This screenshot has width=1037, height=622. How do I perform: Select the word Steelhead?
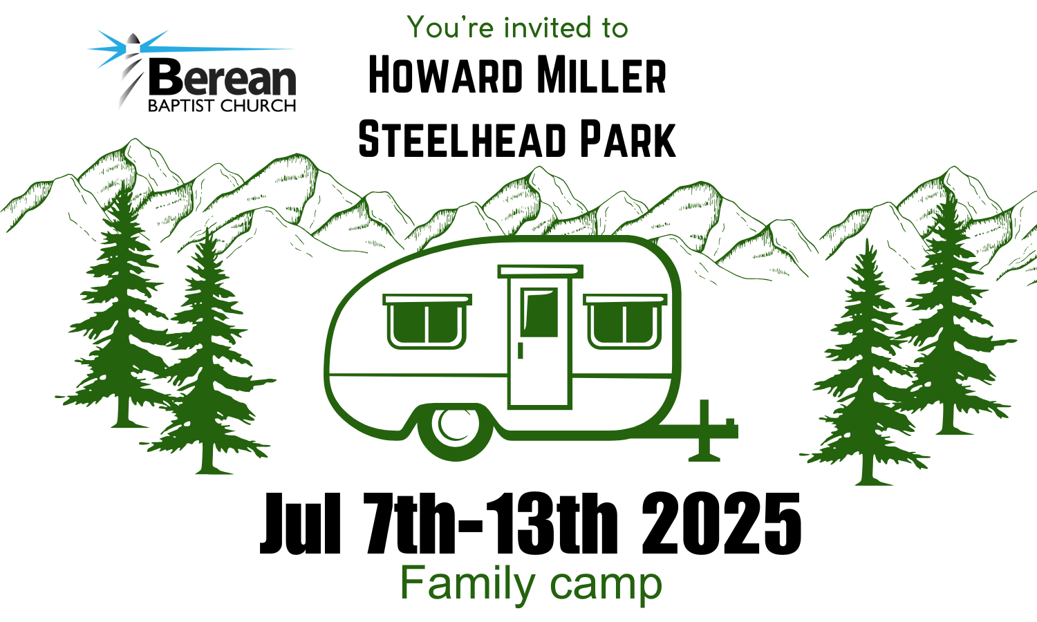tap(463, 139)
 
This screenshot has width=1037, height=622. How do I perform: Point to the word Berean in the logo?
tap(222, 77)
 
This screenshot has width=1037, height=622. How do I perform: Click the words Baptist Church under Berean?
tap(222, 106)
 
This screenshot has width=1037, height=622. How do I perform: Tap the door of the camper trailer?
tap(540, 338)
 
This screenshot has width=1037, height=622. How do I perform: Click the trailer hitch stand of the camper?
tap(704, 431)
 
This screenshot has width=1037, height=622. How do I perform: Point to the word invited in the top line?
tap(548, 27)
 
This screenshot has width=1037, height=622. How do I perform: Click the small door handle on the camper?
tap(521, 350)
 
